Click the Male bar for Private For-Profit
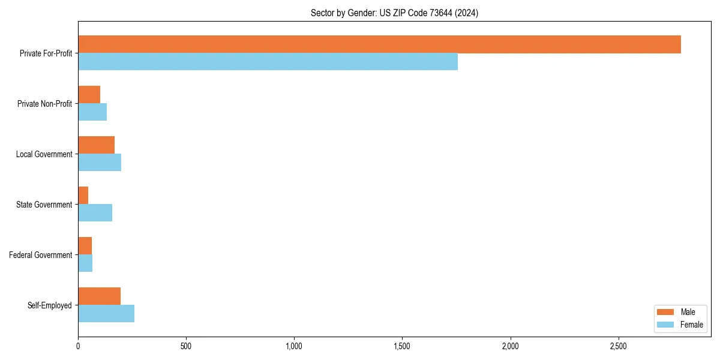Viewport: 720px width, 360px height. tap(379, 44)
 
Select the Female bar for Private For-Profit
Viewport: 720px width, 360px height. tap(268, 62)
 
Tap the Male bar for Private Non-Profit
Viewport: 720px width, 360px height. tap(89, 95)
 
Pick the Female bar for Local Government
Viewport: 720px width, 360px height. tap(100, 163)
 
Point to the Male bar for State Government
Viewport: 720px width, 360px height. tap(83, 196)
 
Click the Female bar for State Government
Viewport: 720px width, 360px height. tap(95, 213)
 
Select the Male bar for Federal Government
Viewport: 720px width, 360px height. tap(85, 246)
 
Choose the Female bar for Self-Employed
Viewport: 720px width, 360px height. tap(106, 314)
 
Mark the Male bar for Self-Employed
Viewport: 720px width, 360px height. tap(99, 296)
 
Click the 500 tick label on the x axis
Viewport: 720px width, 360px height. tap(186, 346)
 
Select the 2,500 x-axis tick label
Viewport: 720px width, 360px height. tap(618, 346)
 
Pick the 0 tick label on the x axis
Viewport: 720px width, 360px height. tap(78, 346)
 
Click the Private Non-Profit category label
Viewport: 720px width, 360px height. tap(44, 104)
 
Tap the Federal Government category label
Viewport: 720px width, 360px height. tap(41, 255)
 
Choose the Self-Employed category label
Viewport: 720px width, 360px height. tap(50, 305)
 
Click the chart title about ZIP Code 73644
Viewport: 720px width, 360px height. tap(394, 13)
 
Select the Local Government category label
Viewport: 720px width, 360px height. tap(44, 154)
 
